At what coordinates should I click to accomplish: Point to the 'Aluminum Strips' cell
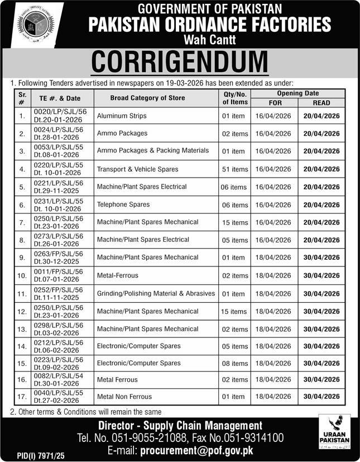point(122,116)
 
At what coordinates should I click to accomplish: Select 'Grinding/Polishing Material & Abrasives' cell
point(156,293)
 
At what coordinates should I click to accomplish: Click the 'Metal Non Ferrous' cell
point(124,397)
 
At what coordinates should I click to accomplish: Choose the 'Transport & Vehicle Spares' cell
point(137,169)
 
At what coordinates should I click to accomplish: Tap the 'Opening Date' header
point(297,93)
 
